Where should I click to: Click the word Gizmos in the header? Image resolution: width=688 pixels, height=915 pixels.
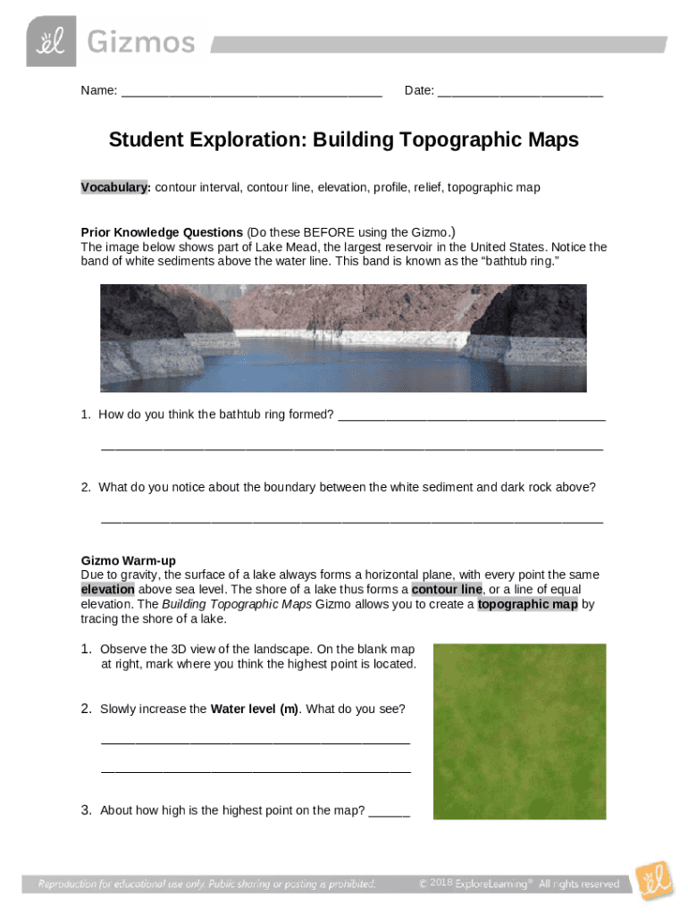pos(139,42)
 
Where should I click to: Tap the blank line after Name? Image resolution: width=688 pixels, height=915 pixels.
pos(251,91)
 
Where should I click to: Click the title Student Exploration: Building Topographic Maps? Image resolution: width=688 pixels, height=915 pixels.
pos(344,140)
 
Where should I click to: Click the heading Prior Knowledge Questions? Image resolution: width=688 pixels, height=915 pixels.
pos(162,232)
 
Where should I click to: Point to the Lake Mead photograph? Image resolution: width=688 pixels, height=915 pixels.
pos(343,338)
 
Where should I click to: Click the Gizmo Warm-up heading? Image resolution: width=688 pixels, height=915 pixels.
pos(128,560)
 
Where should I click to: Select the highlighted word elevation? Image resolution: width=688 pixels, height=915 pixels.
pos(107,590)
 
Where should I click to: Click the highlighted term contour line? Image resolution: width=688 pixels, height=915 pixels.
pos(447,590)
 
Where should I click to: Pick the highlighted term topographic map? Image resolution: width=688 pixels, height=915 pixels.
pos(528,604)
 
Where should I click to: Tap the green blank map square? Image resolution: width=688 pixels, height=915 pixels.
pos(519,731)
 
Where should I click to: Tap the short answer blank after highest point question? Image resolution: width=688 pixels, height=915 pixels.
pos(389,811)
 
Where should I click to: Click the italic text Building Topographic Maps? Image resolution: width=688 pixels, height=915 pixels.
pos(237,604)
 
